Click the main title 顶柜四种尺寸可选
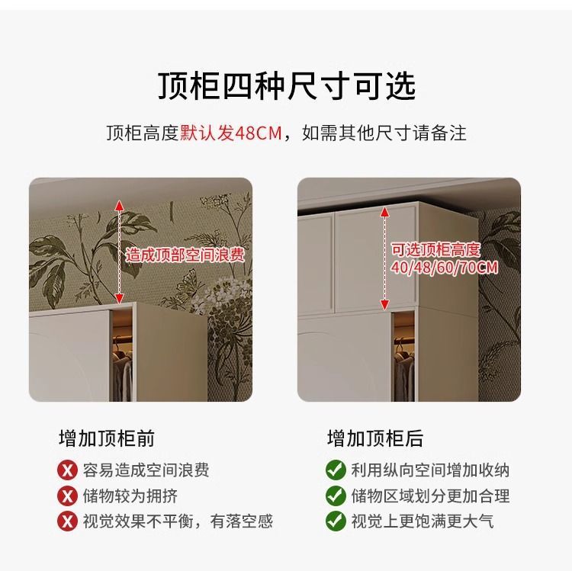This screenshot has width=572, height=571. point(286,86)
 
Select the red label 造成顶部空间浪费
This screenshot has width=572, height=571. point(185,255)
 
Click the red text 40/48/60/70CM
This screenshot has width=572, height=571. point(445,268)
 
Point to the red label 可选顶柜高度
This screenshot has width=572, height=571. point(435,249)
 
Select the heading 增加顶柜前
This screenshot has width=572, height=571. point(107,438)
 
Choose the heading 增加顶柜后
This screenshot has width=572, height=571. point(375,438)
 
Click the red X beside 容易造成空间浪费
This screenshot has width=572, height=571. point(68,470)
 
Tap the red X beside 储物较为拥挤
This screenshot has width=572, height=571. point(68,496)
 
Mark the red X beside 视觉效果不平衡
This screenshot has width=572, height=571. point(68,521)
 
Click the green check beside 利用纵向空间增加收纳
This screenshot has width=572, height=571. point(336,470)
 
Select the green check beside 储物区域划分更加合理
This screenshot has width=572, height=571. point(336,496)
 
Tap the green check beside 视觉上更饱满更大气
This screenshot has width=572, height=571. point(336,521)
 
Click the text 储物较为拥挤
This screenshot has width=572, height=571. point(130,496)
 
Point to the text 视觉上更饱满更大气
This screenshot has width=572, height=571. point(423,521)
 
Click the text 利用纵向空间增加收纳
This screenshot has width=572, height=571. point(430,470)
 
